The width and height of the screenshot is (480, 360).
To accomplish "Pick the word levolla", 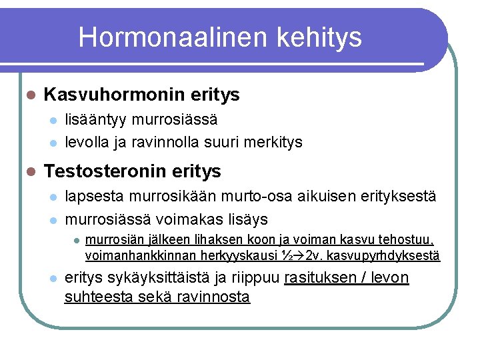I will coord(85,142).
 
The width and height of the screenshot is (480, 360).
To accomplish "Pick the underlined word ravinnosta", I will coord(213,297).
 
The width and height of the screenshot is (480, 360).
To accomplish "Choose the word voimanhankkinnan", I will coord(133,255).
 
